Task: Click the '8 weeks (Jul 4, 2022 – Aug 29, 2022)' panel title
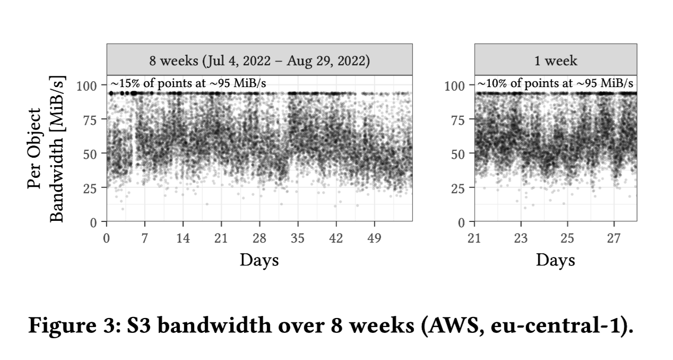click(x=259, y=61)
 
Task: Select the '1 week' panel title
click(x=556, y=61)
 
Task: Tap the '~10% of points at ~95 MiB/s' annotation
click(x=555, y=84)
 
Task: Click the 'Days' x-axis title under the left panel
click(x=259, y=260)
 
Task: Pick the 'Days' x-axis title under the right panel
click(x=555, y=260)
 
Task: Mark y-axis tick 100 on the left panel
click(x=87, y=85)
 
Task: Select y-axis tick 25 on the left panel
click(x=91, y=187)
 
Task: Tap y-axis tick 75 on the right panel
click(x=458, y=119)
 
